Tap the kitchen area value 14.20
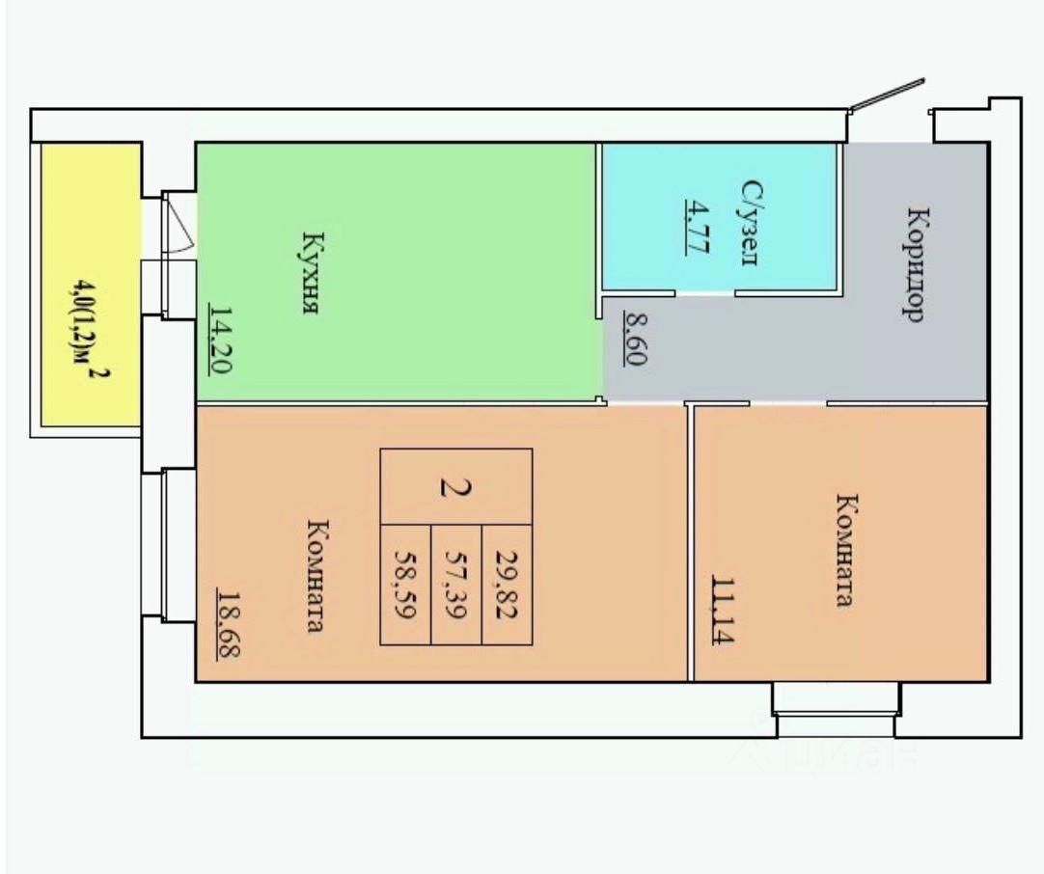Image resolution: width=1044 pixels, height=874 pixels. tap(221, 339)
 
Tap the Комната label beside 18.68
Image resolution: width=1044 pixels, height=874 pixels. tap(315, 575)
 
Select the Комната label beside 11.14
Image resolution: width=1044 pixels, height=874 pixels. tap(845, 550)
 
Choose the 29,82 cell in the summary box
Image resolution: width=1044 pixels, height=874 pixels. tap(506, 584)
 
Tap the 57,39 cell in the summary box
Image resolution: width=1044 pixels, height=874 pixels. tap(455, 584)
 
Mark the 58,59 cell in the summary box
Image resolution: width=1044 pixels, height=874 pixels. tap(405, 584)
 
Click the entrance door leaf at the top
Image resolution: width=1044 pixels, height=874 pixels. tap(887, 94)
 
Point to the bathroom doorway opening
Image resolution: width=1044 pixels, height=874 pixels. tap(704, 293)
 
